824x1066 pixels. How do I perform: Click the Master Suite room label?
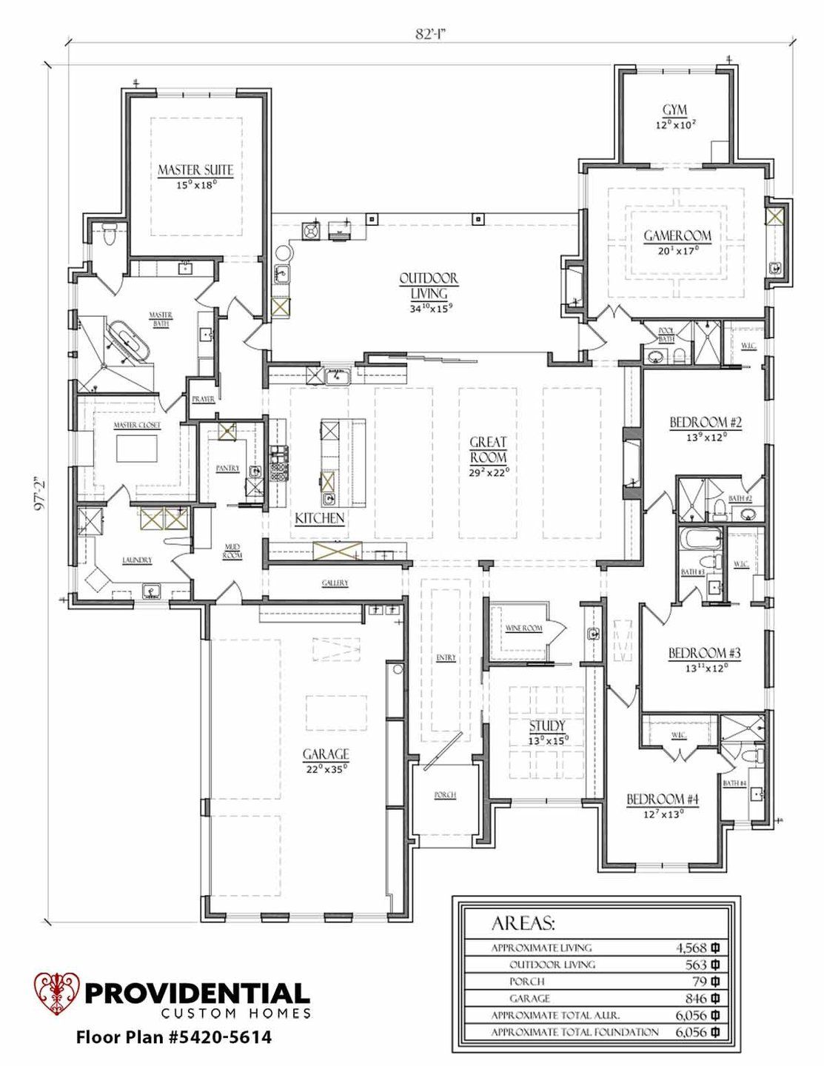pos(195,170)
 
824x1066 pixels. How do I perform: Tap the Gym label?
pos(674,110)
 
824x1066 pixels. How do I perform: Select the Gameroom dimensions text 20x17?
pos(677,250)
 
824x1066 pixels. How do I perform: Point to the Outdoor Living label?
pos(429,285)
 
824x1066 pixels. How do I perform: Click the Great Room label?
pos(488,449)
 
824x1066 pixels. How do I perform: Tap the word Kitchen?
pos(320,518)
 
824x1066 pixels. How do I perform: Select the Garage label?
pos(325,754)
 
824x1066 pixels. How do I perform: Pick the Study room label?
pos(547,725)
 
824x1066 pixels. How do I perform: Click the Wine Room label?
pos(524,628)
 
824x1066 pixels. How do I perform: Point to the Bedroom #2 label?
pos(706,423)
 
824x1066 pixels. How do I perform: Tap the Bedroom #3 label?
pos(704,653)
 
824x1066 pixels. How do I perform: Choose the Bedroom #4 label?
pos(663,799)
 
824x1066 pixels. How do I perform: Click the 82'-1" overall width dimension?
pos(432,34)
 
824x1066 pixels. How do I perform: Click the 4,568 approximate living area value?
pos(691,948)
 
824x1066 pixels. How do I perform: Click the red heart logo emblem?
pos(56,993)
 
